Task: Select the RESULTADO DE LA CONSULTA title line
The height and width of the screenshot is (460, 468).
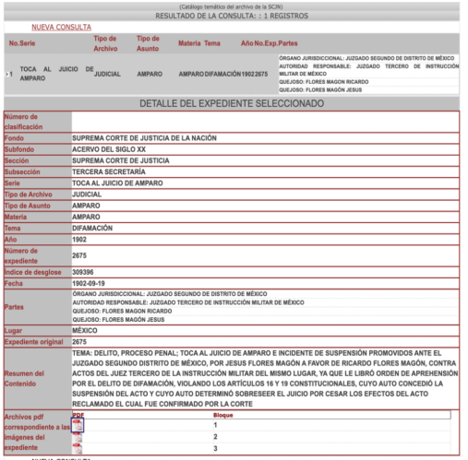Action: click(x=233, y=16)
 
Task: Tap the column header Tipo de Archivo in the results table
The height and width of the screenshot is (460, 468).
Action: click(x=105, y=43)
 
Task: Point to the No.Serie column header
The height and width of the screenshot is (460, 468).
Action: click(x=24, y=43)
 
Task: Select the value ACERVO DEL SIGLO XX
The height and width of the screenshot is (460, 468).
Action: click(x=108, y=147)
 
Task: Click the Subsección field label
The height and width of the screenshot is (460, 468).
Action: click(x=23, y=171)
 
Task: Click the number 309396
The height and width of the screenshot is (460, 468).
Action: click(x=85, y=271)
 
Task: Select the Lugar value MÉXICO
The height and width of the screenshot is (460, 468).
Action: click(x=85, y=330)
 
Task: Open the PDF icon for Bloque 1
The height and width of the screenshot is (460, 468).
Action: click(x=78, y=425)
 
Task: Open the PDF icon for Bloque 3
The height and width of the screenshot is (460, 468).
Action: click(x=78, y=448)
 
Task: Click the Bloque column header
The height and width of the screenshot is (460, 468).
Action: click(x=223, y=416)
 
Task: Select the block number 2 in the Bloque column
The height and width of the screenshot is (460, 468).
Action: click(x=214, y=436)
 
